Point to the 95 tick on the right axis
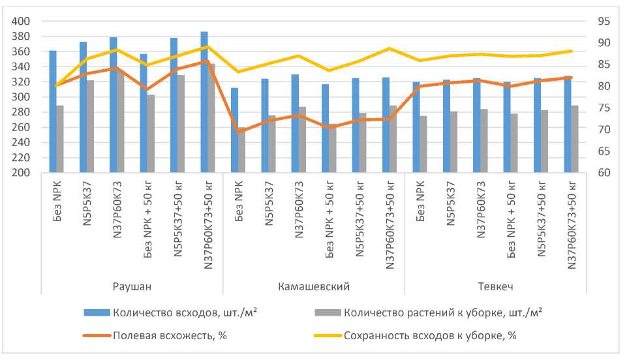tap(603, 22)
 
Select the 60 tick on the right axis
tap(603, 173)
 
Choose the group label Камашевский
tap(314, 286)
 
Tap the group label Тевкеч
tap(496, 286)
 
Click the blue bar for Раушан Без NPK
tap(53, 112)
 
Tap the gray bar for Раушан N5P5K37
tap(90, 127)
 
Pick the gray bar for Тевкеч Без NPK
tap(423, 145)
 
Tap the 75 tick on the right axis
tap(603, 108)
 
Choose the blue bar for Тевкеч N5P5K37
tap(446, 127)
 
